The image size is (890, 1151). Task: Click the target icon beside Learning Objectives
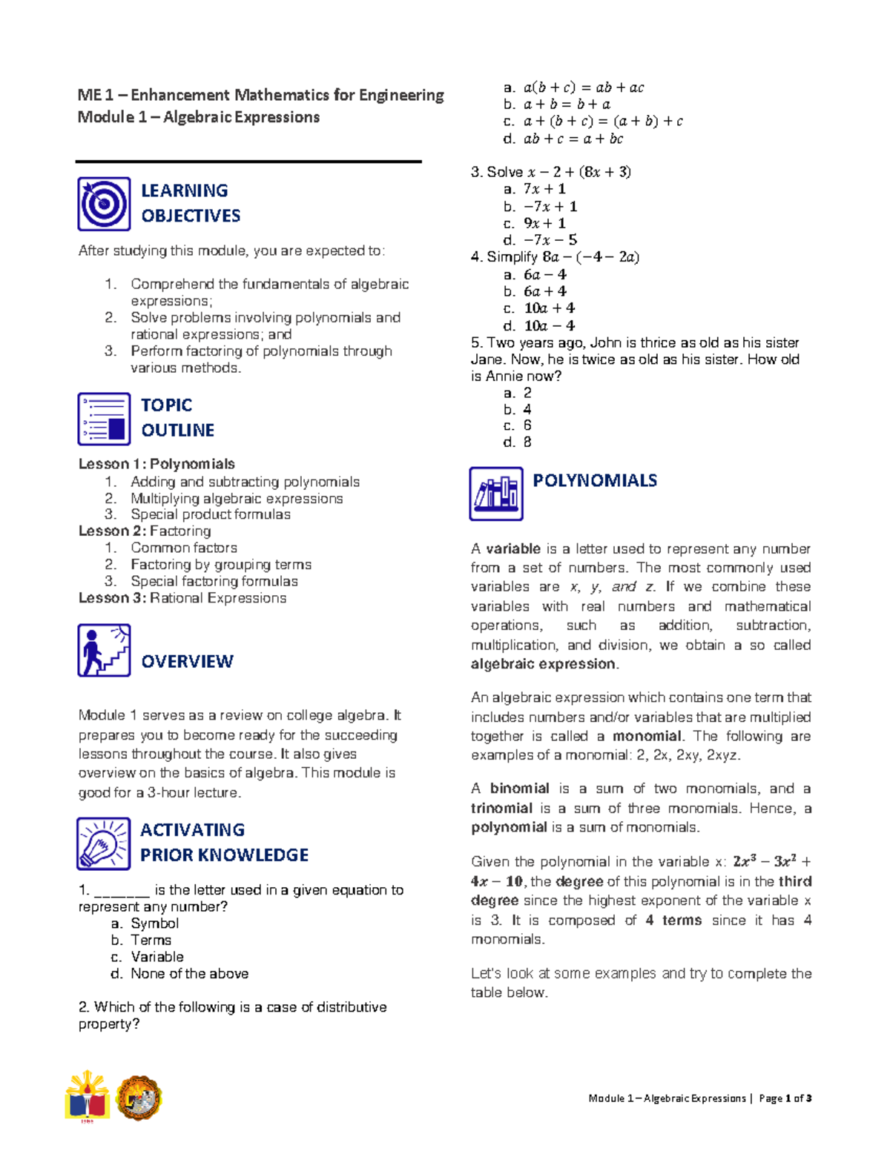click(x=104, y=204)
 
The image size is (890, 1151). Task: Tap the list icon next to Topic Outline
click(x=104, y=419)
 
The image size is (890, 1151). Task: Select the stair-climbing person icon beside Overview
click(x=104, y=650)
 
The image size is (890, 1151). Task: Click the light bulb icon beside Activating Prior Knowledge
click(x=104, y=843)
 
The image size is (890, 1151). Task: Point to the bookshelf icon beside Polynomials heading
click(x=495, y=494)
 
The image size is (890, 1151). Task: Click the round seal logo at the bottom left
click(x=139, y=1098)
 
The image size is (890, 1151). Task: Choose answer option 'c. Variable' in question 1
click(x=156, y=957)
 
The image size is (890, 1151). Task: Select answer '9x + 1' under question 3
click(x=544, y=223)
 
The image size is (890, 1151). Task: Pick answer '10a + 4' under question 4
click(x=549, y=308)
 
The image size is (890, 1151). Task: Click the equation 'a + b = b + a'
click(x=567, y=105)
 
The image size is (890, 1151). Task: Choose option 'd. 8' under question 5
click(x=518, y=442)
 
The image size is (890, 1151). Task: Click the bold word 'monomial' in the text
click(x=646, y=736)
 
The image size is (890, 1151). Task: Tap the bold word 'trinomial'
click(x=501, y=808)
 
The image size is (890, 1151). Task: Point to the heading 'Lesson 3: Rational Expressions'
click(x=182, y=598)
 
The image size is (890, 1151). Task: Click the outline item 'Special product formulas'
click(x=211, y=514)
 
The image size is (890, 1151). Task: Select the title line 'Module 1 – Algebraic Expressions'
click(x=199, y=117)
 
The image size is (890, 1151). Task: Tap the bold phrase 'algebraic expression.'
click(x=544, y=664)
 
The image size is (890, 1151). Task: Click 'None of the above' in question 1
click(x=189, y=974)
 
